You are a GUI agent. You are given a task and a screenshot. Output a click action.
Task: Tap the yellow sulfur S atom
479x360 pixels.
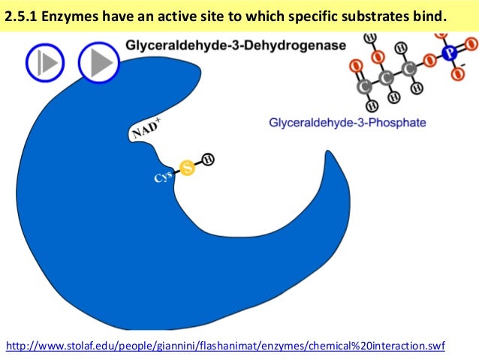tap(187, 168)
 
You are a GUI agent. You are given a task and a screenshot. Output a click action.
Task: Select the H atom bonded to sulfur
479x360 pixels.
tap(208, 159)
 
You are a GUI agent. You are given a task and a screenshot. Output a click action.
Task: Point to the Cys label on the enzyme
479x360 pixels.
tap(164, 179)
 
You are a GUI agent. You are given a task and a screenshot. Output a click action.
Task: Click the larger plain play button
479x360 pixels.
tap(98, 62)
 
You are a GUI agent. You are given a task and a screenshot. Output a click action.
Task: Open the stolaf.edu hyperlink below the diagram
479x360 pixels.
tap(225, 346)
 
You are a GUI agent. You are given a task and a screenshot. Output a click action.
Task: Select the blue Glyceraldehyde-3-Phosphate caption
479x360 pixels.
tap(347, 122)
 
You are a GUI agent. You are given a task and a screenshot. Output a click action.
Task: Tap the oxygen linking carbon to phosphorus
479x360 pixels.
tap(429, 61)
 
